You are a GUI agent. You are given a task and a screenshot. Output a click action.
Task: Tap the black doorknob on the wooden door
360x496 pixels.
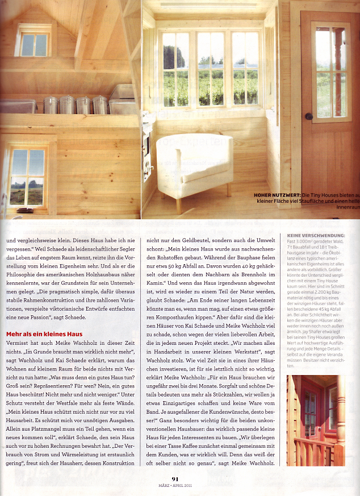tap(309, 116)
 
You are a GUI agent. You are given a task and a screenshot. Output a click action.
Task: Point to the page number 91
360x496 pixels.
tap(175, 479)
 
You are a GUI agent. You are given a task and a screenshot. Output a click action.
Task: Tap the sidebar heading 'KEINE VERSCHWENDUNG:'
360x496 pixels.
tap(316, 235)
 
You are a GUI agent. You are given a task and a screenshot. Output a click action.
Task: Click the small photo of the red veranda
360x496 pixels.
tap(315, 420)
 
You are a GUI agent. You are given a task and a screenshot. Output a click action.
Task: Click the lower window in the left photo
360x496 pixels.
tap(27, 177)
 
